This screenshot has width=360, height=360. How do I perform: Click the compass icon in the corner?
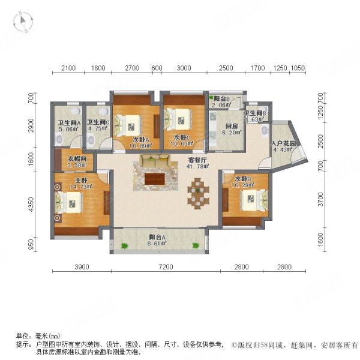[25, 22]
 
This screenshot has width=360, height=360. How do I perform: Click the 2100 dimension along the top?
[69, 68]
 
